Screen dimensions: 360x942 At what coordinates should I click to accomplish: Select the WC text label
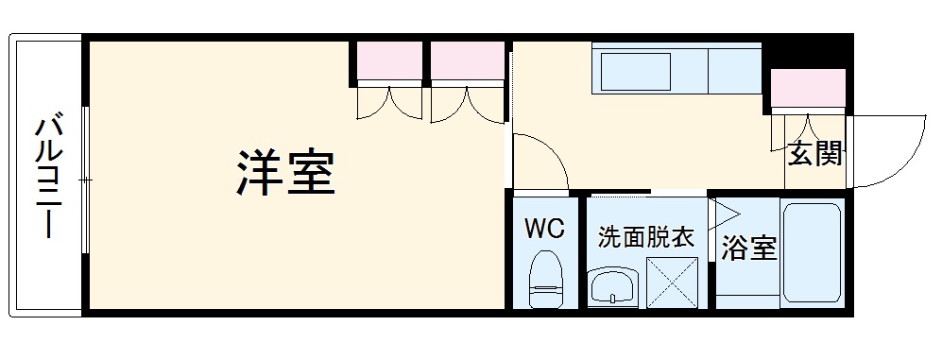click(545, 229)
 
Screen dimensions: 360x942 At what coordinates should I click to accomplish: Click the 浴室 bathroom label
click(748, 249)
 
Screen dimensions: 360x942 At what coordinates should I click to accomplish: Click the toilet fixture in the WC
click(546, 279)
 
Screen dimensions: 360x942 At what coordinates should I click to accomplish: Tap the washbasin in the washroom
click(612, 286)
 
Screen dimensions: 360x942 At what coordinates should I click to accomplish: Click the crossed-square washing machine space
click(672, 282)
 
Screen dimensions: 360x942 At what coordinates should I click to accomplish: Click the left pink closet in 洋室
click(388, 63)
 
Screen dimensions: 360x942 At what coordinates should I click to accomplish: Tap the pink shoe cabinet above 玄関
click(808, 88)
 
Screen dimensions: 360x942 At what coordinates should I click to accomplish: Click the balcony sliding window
click(85, 179)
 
